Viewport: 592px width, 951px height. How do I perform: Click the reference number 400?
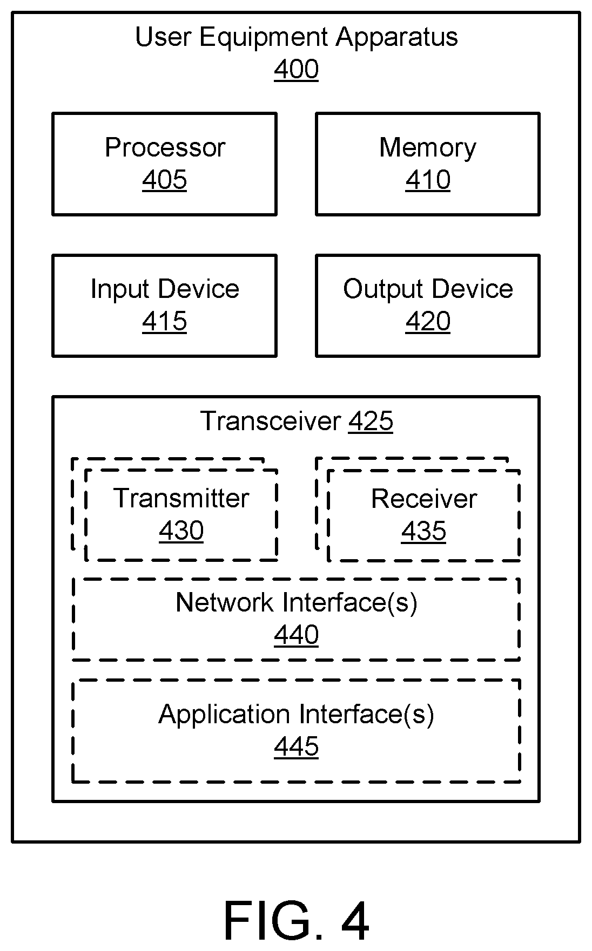click(x=296, y=70)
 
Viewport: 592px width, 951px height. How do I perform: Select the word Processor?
click(x=165, y=147)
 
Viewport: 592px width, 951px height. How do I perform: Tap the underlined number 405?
click(x=165, y=180)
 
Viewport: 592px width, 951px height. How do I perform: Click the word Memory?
click(x=428, y=147)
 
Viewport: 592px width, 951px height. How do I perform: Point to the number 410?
click(x=428, y=180)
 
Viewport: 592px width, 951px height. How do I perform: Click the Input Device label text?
click(x=165, y=289)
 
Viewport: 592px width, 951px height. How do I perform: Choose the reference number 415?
click(x=165, y=321)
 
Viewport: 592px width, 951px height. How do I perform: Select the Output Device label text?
click(x=428, y=289)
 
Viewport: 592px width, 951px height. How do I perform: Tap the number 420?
click(x=428, y=321)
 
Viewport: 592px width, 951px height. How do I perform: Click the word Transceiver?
click(x=271, y=421)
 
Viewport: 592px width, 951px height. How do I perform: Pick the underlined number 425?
click(x=371, y=421)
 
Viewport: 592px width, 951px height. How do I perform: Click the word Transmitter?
click(x=181, y=498)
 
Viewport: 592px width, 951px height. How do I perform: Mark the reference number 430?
click(x=181, y=531)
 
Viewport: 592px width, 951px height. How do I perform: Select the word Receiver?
click(x=424, y=498)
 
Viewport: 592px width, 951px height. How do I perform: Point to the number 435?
click(x=424, y=531)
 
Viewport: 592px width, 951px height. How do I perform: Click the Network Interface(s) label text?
click(x=297, y=602)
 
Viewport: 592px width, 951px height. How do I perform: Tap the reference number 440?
click(x=297, y=635)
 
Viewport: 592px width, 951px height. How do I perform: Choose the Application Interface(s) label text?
click(x=297, y=714)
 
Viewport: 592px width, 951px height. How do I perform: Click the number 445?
click(x=297, y=746)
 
